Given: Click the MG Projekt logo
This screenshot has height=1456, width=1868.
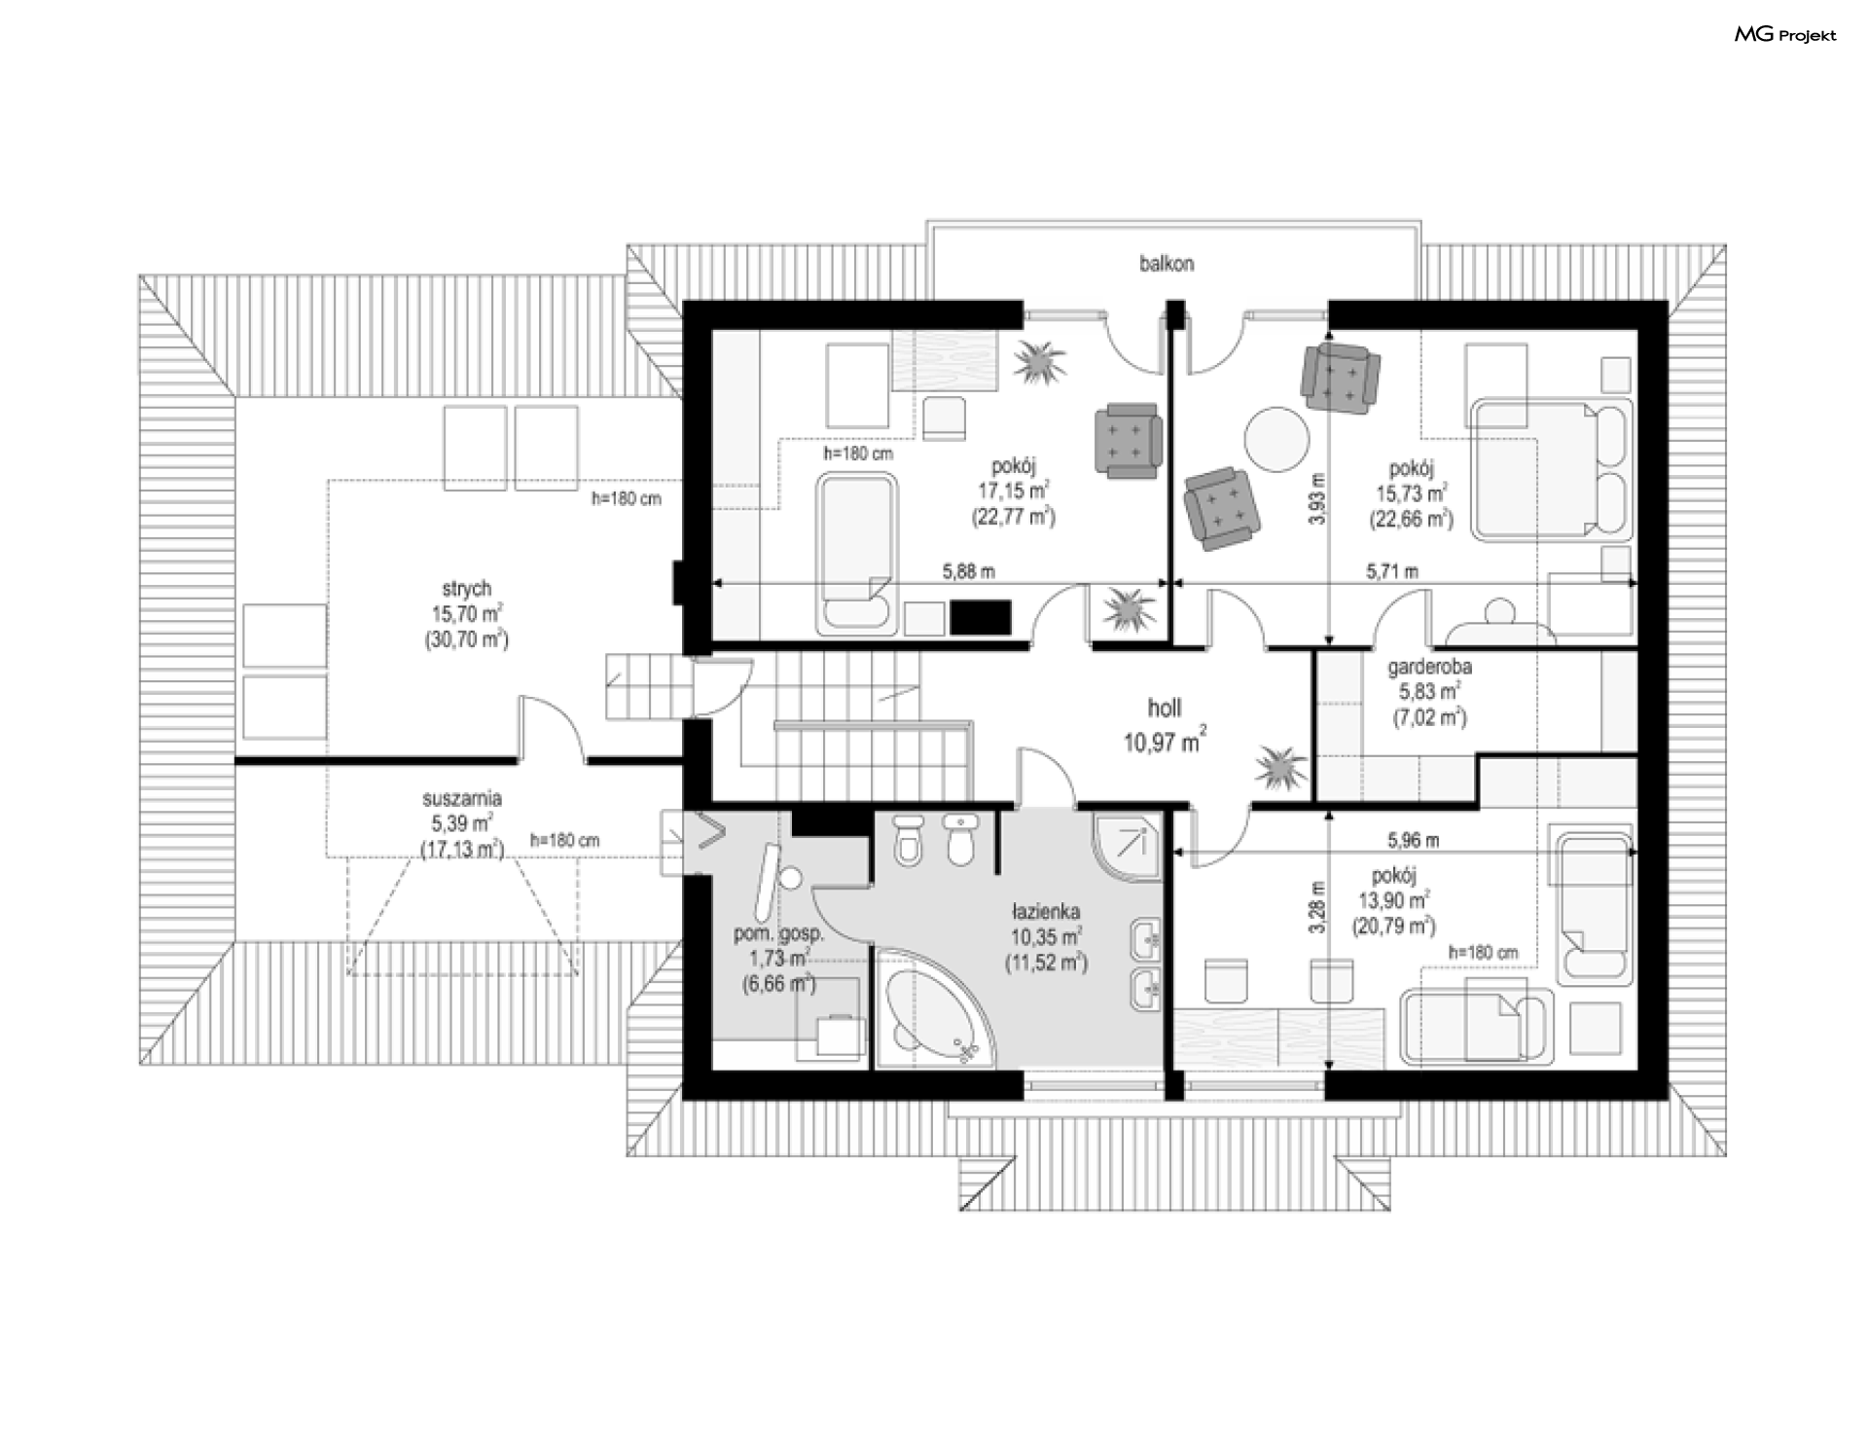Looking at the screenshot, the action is [x=1785, y=35].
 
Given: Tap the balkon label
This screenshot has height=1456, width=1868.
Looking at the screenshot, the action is [x=1167, y=264].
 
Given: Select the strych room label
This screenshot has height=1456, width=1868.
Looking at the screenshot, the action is [x=467, y=589].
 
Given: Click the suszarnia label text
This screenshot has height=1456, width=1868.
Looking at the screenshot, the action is [x=462, y=799].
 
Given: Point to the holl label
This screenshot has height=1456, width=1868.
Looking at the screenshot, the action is [x=1165, y=709].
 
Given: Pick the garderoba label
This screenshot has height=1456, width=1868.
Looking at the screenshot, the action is [x=1429, y=668].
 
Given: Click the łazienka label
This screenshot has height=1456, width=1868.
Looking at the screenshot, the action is [x=1046, y=912].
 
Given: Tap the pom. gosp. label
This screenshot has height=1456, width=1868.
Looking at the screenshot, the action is [x=778, y=934].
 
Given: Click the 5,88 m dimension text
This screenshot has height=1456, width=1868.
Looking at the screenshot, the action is [x=968, y=572].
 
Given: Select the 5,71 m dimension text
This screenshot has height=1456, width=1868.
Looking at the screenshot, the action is [x=1392, y=572].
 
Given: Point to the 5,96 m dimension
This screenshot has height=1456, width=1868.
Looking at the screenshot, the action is [x=1414, y=840].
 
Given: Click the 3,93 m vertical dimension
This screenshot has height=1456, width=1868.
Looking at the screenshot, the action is [x=1317, y=499].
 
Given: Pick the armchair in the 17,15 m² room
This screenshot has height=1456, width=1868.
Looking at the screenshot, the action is [x=1128, y=444].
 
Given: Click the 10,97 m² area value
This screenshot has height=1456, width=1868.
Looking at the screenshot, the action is [x=1166, y=742].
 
